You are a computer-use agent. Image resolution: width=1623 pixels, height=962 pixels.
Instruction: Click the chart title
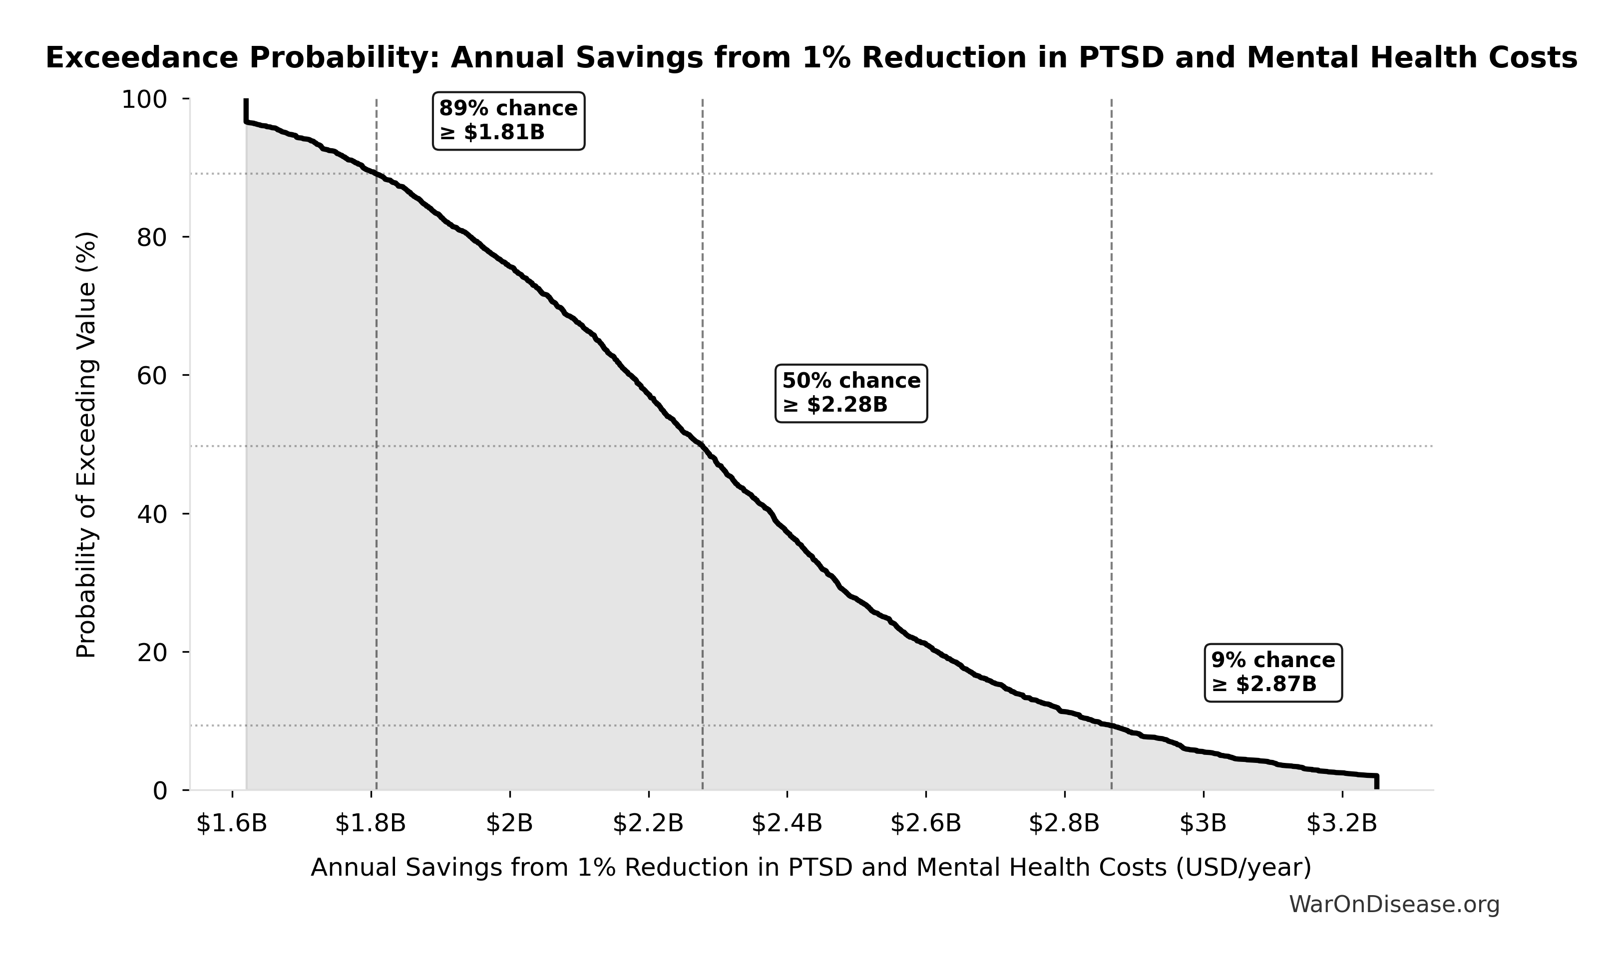point(811,58)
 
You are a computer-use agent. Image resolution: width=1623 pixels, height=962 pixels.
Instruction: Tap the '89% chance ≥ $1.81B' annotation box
point(508,121)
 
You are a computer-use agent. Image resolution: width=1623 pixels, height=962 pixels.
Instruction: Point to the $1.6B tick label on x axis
point(232,824)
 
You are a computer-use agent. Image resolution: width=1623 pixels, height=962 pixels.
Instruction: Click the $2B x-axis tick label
point(509,824)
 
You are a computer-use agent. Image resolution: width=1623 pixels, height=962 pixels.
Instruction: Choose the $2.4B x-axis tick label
point(787,824)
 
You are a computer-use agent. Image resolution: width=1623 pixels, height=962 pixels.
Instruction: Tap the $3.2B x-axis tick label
point(1341,824)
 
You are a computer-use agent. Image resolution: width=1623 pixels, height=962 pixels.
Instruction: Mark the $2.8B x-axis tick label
point(1064,824)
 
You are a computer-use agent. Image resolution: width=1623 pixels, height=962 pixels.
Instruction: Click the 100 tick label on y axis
point(144,100)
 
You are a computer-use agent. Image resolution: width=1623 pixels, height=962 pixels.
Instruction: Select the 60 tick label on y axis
point(152,376)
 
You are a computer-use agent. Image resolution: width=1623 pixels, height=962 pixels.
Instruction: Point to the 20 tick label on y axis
point(152,653)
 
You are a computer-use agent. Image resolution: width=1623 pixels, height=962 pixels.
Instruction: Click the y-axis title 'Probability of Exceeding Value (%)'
point(86,445)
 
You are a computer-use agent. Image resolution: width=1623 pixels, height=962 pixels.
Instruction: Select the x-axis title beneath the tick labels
point(811,867)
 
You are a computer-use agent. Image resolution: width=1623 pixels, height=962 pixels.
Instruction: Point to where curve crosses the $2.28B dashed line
point(703,446)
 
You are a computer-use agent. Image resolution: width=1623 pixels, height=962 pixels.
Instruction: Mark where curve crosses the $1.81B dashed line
point(376,174)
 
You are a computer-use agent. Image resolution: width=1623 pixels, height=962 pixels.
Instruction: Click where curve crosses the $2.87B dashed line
point(1111,725)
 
